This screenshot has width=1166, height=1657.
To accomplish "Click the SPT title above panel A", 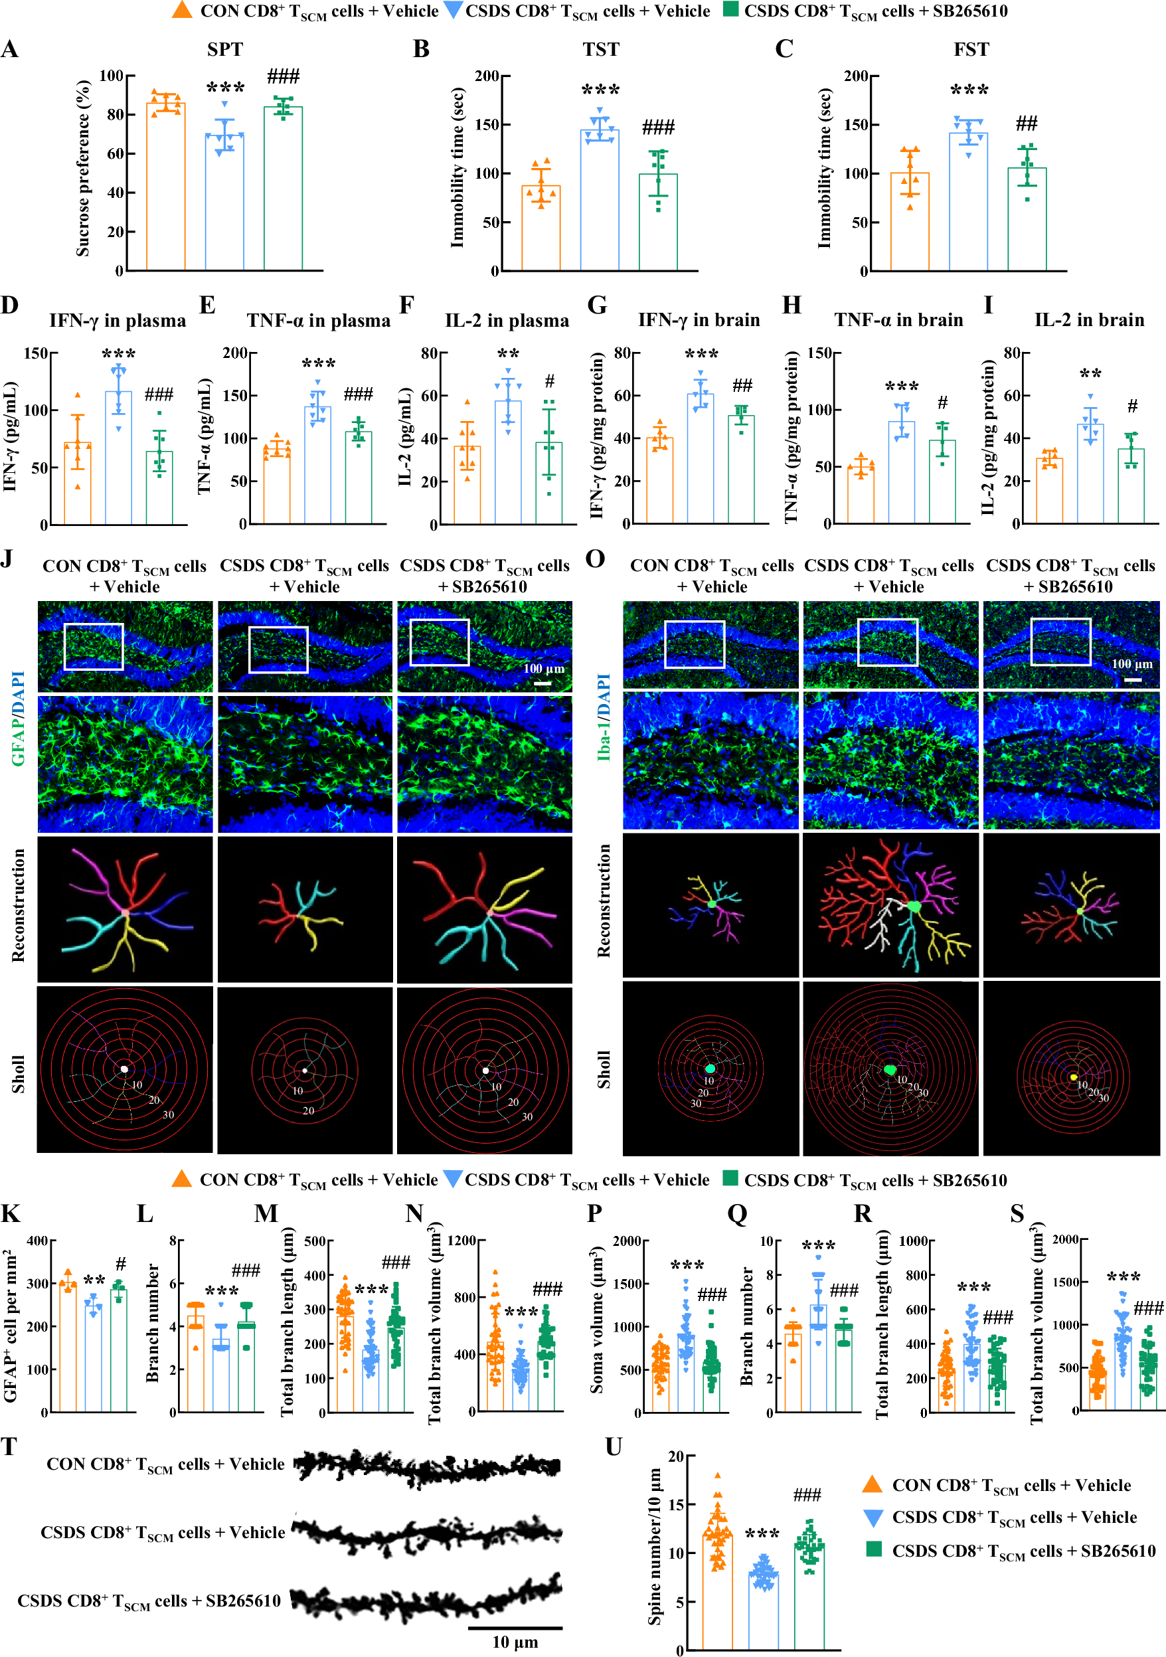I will (x=225, y=49).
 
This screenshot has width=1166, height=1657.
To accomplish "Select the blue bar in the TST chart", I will (x=600, y=202).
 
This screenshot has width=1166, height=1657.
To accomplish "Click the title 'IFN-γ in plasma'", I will (x=117, y=320).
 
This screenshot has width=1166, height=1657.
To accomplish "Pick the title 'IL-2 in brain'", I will (x=1089, y=319).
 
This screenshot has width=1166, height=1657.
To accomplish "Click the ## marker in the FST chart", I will (x=1026, y=124).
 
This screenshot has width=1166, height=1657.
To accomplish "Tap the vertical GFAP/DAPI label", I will (x=18, y=718).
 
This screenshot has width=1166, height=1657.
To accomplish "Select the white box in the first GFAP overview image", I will (x=94, y=647).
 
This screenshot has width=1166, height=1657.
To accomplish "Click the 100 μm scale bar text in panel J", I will (x=543, y=668).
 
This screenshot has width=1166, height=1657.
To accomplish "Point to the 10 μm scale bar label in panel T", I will (x=515, y=1642).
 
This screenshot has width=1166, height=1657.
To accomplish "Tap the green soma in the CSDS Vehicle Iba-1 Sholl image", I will (x=890, y=1071).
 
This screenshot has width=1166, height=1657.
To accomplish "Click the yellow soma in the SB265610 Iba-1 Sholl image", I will (x=1074, y=1077).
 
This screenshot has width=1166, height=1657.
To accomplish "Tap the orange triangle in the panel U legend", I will (x=873, y=1484).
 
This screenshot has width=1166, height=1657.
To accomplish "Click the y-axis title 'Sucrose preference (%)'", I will (x=83, y=168).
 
